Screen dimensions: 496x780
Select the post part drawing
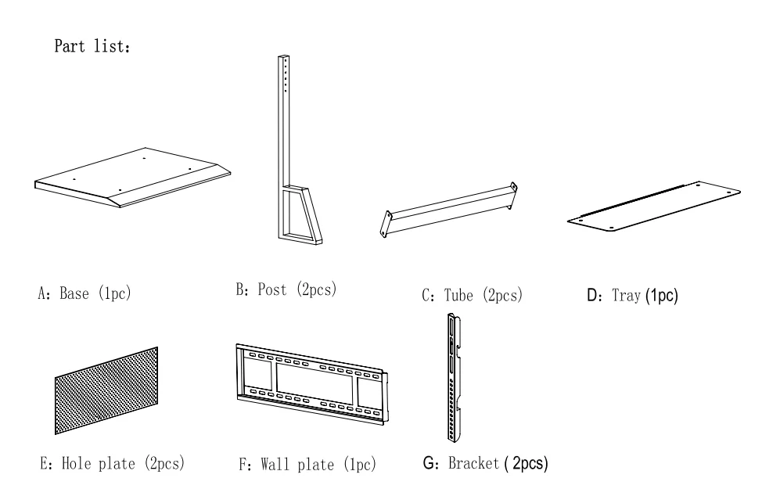(x=290, y=156)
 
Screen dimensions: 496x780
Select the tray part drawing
(x=654, y=204)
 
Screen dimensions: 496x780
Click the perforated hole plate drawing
(x=106, y=391)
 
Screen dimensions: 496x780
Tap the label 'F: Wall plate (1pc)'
(x=307, y=465)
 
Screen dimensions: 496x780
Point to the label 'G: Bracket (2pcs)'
(x=484, y=463)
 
